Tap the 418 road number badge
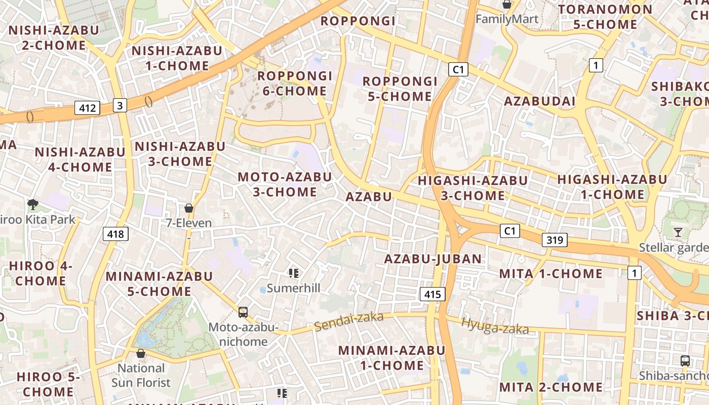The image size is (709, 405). point(115,234)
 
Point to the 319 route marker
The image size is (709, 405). point(555,240)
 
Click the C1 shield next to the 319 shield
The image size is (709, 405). point(510,231)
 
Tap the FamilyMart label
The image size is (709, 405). point(507,20)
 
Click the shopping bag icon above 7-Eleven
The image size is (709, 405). point(189,208)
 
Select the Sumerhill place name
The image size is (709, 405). point(294,288)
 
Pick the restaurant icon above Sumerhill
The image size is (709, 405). point(294,274)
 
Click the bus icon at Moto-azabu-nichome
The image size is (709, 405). point(243,312)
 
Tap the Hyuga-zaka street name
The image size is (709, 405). point(495,327)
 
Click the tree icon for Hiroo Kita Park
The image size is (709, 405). point(33,205)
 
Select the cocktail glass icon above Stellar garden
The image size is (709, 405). point(678,232)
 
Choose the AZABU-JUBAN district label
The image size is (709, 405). point(433,259)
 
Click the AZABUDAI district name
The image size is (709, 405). point(539,101)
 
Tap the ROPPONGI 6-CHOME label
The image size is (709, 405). point(295,84)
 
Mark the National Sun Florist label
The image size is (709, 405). point(141,375)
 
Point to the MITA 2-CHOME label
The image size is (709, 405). point(551,387)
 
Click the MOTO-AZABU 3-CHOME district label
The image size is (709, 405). point(285,184)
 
